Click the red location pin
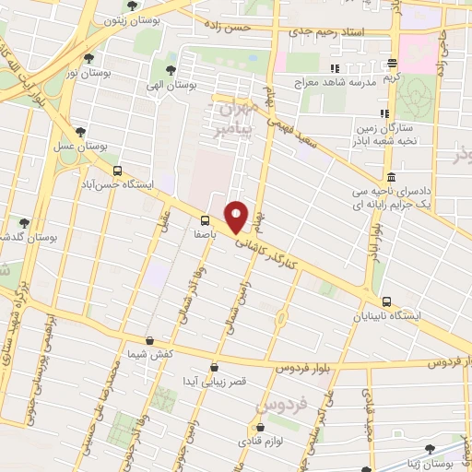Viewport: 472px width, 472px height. pyautogui.click(x=237, y=217)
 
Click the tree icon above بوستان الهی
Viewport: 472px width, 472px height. pyautogui.click(x=170, y=69)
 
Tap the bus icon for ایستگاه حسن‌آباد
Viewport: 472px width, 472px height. pyautogui.click(x=117, y=171)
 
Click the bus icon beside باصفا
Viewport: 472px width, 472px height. pyautogui.click(x=205, y=220)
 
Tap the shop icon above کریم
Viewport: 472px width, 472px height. pyautogui.click(x=393, y=63)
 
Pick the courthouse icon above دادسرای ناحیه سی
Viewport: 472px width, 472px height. pyautogui.click(x=392, y=178)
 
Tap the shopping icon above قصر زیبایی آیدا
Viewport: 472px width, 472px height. pyautogui.click(x=215, y=367)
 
